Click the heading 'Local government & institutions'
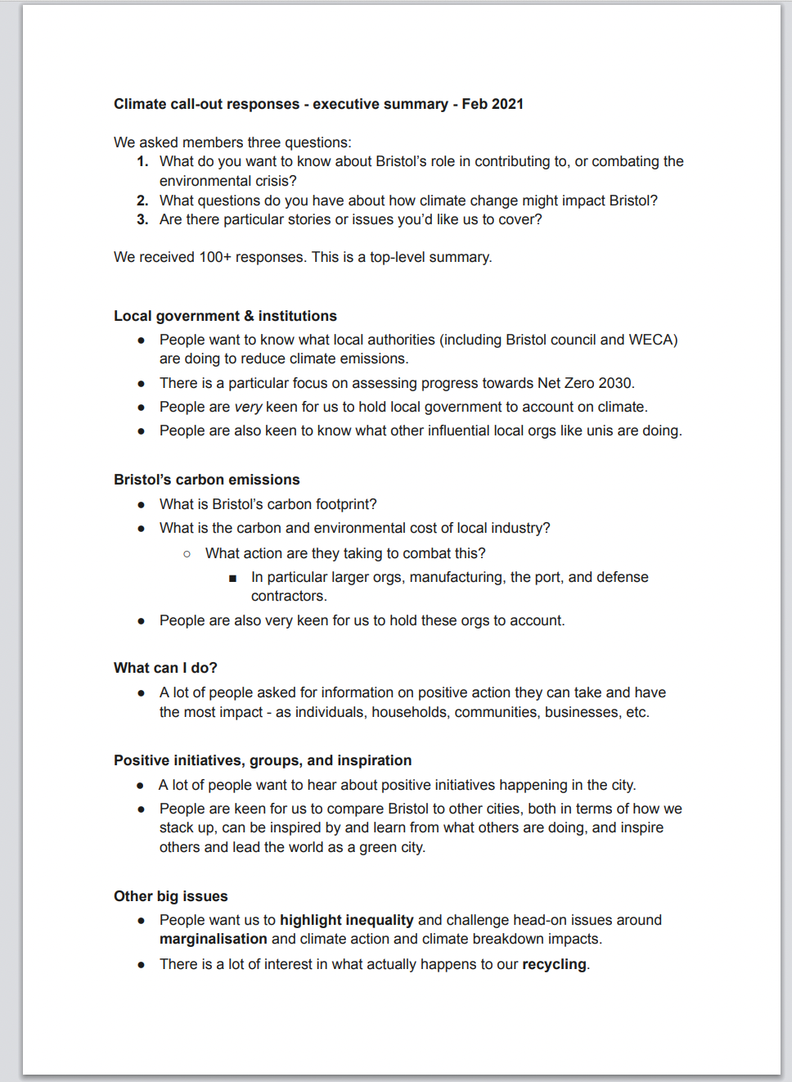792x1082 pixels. tap(225, 316)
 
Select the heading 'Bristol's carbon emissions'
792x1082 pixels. tap(206, 480)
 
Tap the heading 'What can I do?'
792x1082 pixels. tap(165, 668)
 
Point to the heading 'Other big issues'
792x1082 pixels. tap(170, 896)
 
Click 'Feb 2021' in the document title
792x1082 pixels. tap(493, 104)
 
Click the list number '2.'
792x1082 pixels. tap(142, 201)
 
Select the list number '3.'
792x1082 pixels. tap(142, 219)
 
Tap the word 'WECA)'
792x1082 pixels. tap(653, 340)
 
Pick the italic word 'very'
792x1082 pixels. tap(248, 407)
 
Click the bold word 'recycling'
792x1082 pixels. tap(554, 964)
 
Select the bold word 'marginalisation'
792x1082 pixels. tap(213, 939)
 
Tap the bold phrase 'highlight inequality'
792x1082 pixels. tap(346, 920)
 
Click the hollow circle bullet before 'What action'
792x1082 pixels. tap(187, 554)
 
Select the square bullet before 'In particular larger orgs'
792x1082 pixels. tap(233, 578)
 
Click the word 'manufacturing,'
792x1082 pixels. tap(457, 577)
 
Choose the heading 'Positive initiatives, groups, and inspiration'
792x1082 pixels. tap(263, 760)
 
